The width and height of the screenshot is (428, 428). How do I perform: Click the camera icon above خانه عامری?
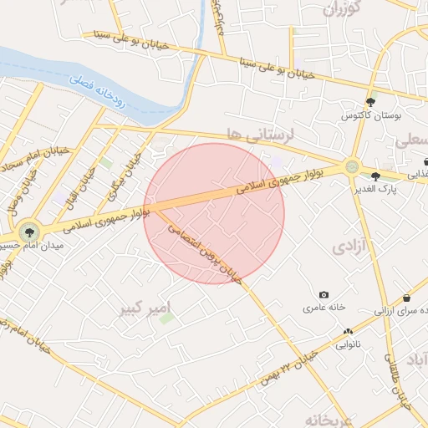324,295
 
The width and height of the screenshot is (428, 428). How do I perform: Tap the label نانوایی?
348,344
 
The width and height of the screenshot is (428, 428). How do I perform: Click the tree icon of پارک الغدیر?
375,176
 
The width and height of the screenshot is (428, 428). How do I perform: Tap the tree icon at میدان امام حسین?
30,231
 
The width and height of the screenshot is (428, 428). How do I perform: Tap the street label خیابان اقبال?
86,177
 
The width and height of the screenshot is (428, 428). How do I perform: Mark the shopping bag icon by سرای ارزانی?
406,298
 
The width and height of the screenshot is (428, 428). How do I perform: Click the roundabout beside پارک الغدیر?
352,167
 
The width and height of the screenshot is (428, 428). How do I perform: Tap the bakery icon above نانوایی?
348,332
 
